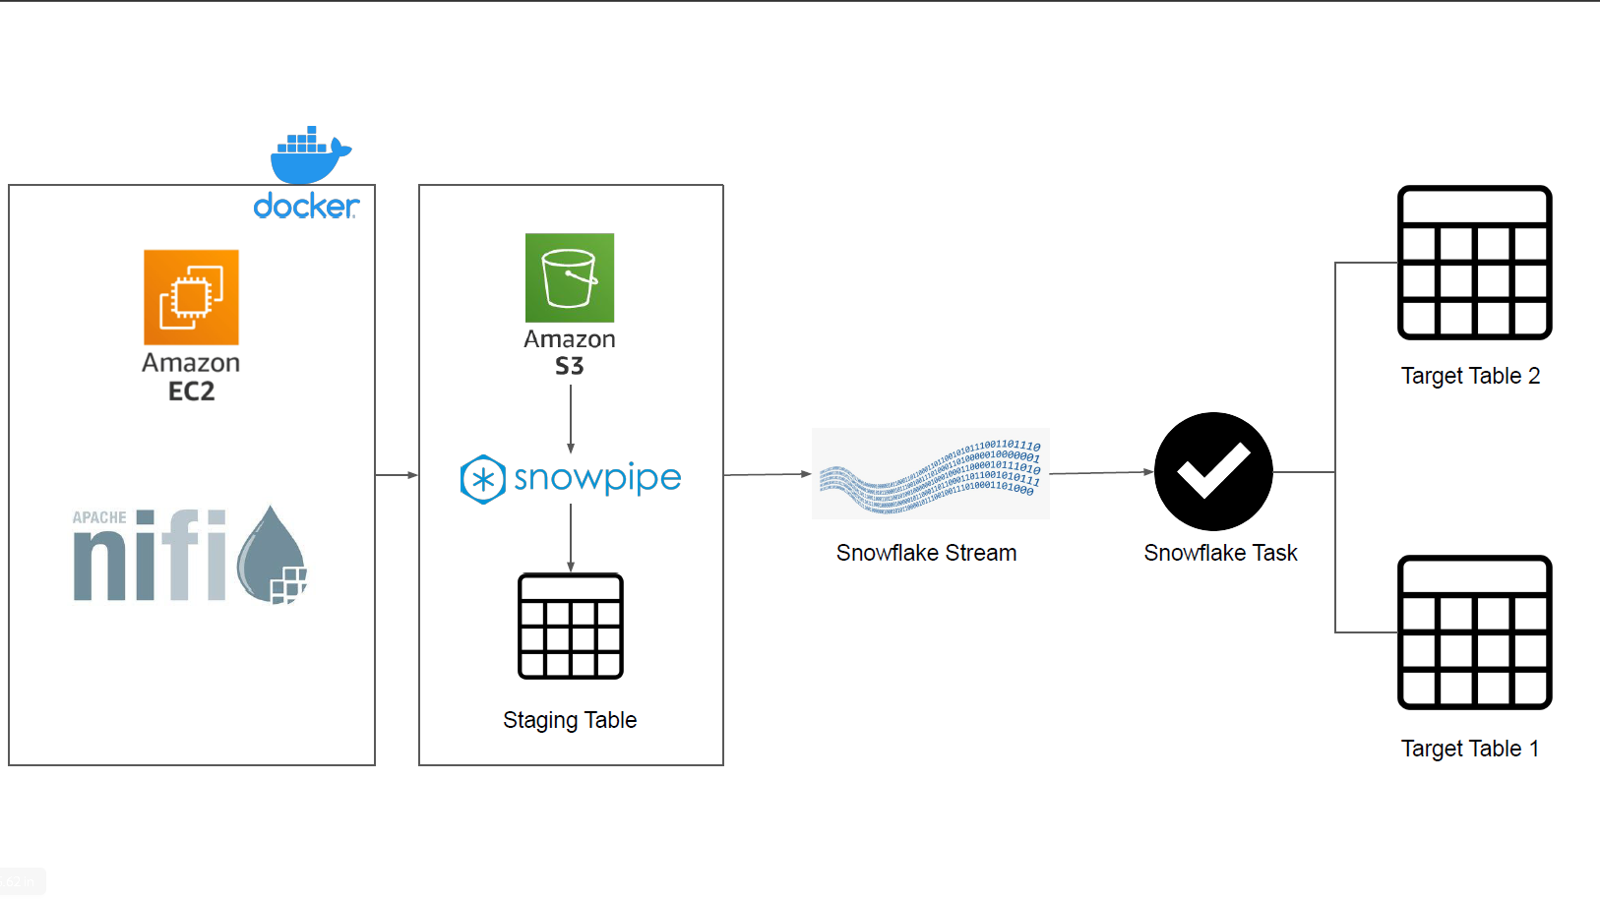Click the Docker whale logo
coord(308,156)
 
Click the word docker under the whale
coord(306,206)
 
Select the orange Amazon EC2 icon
coord(191,297)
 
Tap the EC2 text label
coord(191,391)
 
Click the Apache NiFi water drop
coord(273,555)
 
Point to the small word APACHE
coord(99,517)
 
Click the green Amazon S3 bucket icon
coord(570,277)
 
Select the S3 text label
coord(569,366)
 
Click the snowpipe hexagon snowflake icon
coord(482,479)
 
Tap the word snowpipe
coord(597,478)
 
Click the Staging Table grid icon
coord(571,627)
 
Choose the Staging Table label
coord(570,720)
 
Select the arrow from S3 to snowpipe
coord(571,418)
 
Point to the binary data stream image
coord(930,473)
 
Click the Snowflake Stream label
coord(926,553)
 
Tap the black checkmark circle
coord(1213,471)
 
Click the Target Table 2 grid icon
coord(1474,263)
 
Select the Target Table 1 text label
coord(1469,749)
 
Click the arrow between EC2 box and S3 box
coord(397,475)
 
